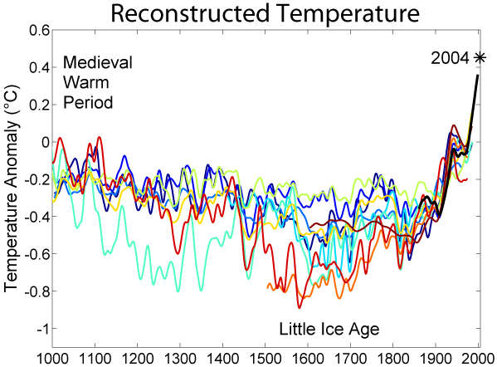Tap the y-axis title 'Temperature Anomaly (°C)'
[x=11, y=180]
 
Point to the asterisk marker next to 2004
[x=479, y=57]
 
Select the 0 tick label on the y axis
[x=44, y=142]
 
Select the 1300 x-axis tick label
[x=180, y=358]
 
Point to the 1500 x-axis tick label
[x=266, y=358]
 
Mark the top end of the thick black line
[x=479, y=76]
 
